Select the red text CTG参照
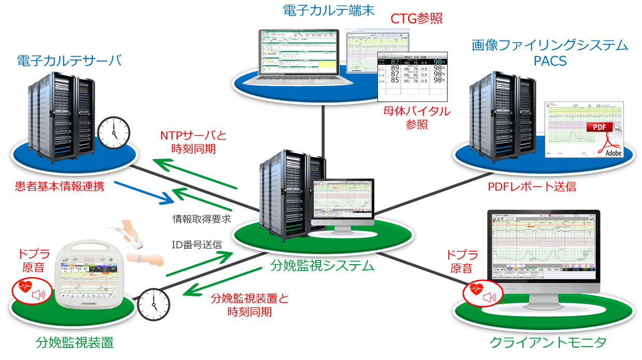tap(417, 19)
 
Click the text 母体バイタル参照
tap(417, 118)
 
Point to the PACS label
tap(550, 62)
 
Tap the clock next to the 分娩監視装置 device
tap(154, 304)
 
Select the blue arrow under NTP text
tap(142, 192)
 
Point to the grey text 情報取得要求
tap(201, 219)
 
